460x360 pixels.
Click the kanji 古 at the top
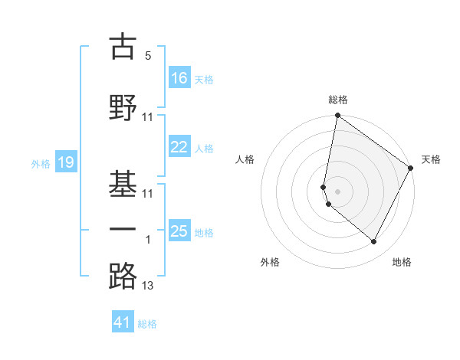pos(123,47)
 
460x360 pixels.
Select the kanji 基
pos(123,182)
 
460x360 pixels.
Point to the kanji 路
pos(123,275)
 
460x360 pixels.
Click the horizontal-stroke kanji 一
pos(123,230)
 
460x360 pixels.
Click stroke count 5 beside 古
pos(147,56)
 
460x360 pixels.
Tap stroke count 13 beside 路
pos(148,286)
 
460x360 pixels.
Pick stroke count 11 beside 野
pos(148,117)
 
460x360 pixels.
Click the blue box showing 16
pos(179,77)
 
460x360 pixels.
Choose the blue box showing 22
pos(179,147)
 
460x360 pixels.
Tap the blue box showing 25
pos(179,231)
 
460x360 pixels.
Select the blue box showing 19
pos(66,162)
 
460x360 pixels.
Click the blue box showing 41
pos(123,322)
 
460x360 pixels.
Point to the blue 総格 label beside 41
pos(147,324)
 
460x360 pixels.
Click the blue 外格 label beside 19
pos(41,163)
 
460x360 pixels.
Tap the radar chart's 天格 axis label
pos(431,159)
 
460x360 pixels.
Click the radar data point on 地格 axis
pos(374,242)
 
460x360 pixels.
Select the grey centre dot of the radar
pos(337,191)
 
